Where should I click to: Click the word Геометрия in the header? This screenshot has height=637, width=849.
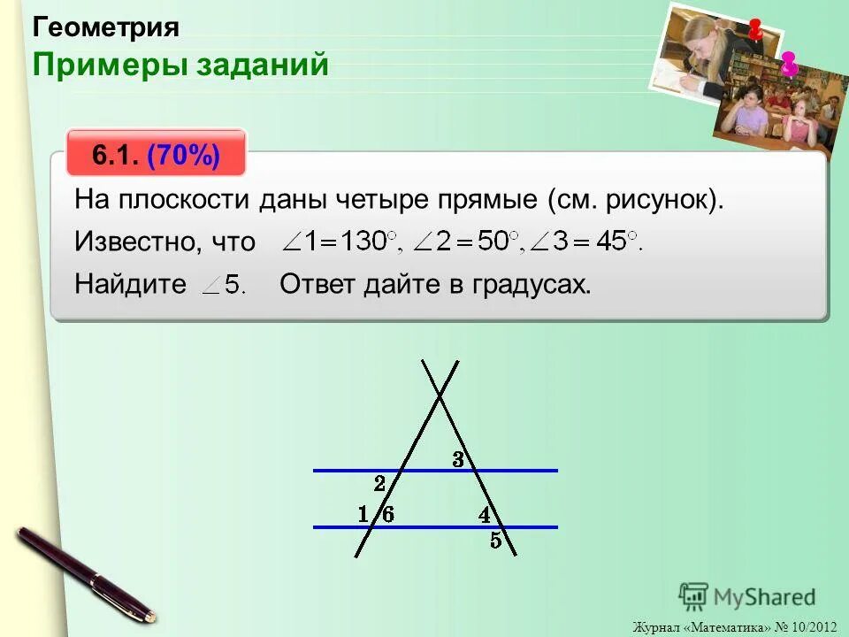coord(106,27)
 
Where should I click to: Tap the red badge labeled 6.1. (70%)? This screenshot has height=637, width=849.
coord(157,156)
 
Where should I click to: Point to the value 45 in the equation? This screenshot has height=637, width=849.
coord(610,241)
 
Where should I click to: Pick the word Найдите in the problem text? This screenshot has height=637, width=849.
coord(130,284)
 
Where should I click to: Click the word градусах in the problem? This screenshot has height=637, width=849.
coord(532,284)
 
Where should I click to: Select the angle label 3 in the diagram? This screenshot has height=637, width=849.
coord(458,459)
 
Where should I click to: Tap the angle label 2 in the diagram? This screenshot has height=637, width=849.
coord(379,484)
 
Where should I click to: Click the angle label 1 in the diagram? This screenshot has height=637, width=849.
coord(363,513)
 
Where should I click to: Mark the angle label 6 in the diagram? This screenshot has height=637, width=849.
coord(387,513)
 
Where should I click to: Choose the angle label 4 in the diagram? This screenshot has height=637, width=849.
coord(485,514)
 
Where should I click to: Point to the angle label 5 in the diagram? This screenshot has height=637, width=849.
coord(496,541)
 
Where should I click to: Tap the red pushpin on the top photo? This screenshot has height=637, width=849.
coord(755,28)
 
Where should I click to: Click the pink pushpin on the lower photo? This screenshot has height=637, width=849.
coord(789,63)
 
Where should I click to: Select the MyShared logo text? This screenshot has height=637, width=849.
coord(766,597)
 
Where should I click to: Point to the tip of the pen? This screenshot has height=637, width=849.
coord(151,617)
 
